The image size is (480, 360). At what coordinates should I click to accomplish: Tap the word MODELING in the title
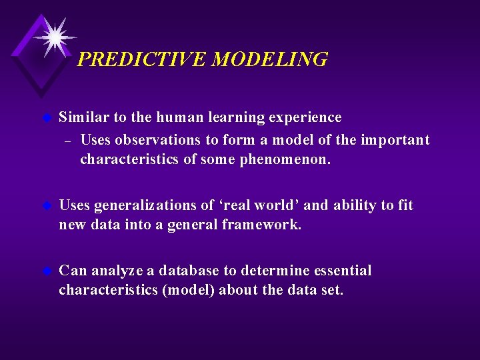coord(270,60)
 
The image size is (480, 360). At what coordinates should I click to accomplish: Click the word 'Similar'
coord(83,118)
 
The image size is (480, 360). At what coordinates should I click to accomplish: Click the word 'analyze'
coord(117,271)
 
